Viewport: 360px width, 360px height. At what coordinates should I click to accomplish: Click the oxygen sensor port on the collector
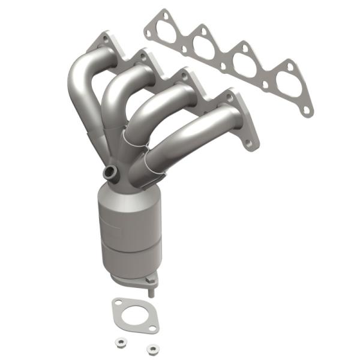[110, 173]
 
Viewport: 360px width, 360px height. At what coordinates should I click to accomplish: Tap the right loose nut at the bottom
[154, 347]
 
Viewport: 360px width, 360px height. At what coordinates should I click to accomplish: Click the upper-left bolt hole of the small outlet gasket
[119, 303]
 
